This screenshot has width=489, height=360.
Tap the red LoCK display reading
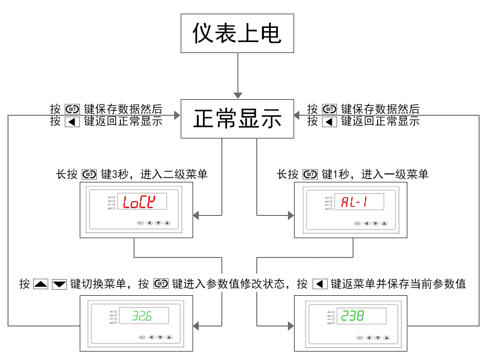coord(139,202)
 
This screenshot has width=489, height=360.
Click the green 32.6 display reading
coord(142,316)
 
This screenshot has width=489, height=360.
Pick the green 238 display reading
coord(354,316)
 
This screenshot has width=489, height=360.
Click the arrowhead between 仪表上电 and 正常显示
coord(238,94)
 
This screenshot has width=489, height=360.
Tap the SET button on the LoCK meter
coord(140,223)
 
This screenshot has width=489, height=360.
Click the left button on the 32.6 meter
coord(152,337)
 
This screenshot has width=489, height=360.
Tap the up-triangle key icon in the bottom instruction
coord(41,284)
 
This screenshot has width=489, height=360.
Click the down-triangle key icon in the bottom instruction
coord(59,284)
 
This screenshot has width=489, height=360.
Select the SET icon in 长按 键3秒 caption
coord(89,174)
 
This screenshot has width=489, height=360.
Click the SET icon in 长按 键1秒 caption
coord(310,174)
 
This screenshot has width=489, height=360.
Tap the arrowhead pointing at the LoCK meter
coord(197,215)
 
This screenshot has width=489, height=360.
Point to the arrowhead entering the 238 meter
coord(289,326)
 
